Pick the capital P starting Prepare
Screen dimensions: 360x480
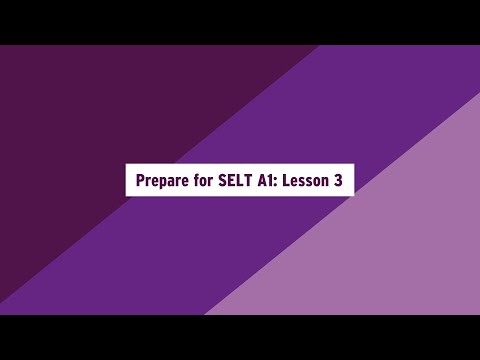pyautogui.click(x=141, y=180)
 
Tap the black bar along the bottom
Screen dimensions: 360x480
pyautogui.click(x=240, y=337)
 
